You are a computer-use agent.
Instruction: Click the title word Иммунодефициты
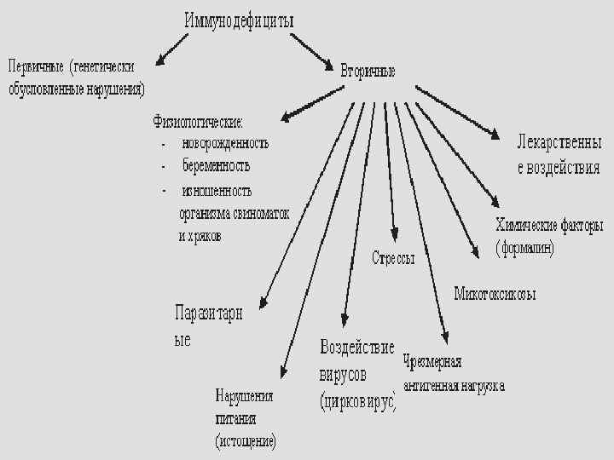[x=239, y=20]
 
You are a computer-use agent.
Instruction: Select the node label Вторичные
[x=368, y=71]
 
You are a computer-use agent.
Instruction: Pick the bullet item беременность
[x=216, y=166]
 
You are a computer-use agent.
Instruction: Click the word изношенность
[x=217, y=191]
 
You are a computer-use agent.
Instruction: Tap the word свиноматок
[x=259, y=214]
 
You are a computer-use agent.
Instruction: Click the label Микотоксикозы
[x=495, y=294]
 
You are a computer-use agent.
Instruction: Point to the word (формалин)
[x=525, y=248]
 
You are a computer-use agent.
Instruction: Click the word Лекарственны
[x=559, y=141]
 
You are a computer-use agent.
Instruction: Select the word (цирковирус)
[x=358, y=400]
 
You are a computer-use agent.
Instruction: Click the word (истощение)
[x=246, y=441]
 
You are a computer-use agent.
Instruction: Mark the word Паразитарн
[x=208, y=313]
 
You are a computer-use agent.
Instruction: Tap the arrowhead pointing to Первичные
[x=163, y=60]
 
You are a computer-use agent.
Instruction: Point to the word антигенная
[x=432, y=386]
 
